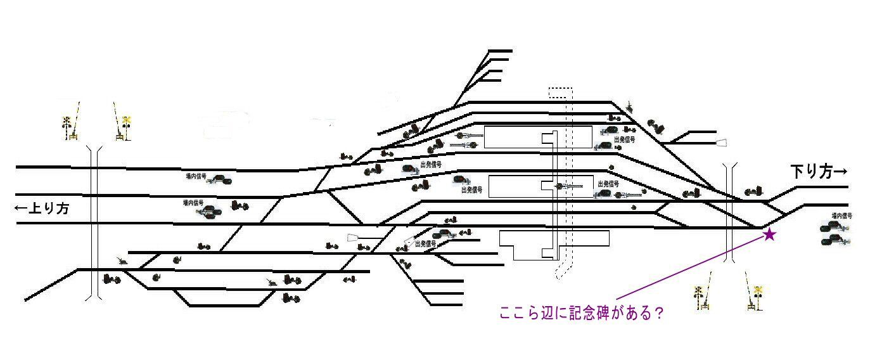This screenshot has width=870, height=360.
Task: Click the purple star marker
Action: pyautogui.click(x=769, y=235)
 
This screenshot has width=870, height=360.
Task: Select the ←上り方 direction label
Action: pyautogui.click(x=42, y=209)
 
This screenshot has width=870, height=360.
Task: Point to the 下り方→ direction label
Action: pyautogui.click(x=818, y=171)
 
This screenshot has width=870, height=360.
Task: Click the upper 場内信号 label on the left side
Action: pyautogui.click(x=195, y=176)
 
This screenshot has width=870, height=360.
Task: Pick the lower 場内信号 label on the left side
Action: pyautogui.click(x=193, y=203)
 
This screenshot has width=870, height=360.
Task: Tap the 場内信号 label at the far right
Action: pyautogui.click(x=841, y=216)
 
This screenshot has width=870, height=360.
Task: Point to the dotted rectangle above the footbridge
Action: pyautogui.click(x=560, y=93)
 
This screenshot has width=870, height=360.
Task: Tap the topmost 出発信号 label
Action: pyautogui.click(x=624, y=139)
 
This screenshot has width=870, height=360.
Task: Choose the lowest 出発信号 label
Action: pyautogui.click(x=426, y=243)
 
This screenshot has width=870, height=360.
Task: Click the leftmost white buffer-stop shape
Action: pyautogui.click(x=353, y=238)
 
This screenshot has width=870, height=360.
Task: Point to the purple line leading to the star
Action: pyautogui.click(x=691, y=267)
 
